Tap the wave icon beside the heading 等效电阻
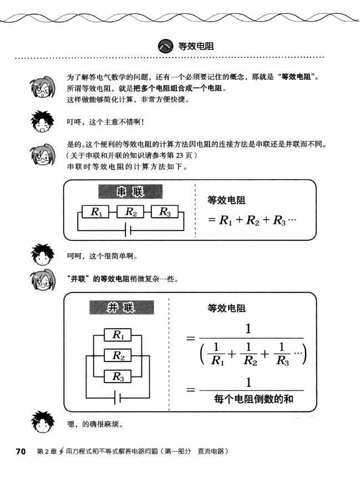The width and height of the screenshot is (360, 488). click(x=165, y=46)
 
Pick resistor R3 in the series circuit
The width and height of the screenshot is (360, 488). click(x=168, y=212)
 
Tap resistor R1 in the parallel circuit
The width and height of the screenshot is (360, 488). click(x=119, y=335)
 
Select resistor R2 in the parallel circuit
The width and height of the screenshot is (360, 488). click(x=119, y=355)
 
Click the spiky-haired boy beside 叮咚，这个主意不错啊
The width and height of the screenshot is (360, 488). click(x=42, y=122)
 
